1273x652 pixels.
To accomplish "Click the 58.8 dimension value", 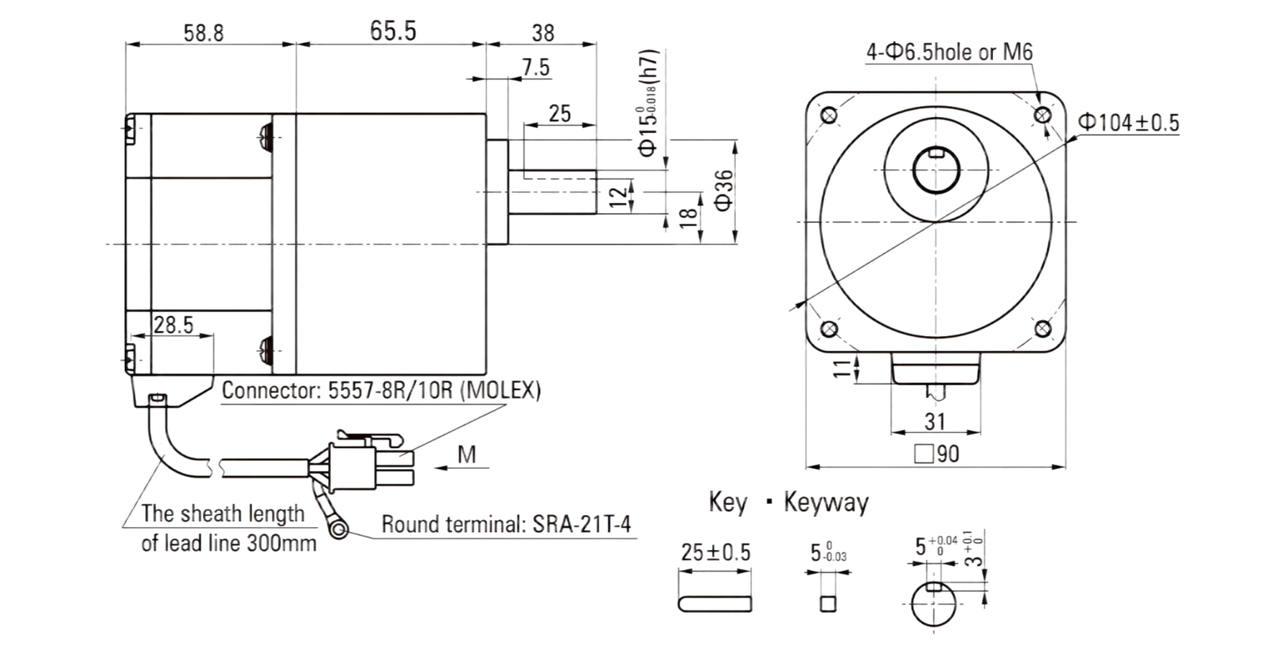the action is pos(204,33).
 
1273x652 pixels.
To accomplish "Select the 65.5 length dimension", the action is pos(393,31).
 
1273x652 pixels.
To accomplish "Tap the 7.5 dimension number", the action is pos(536,68).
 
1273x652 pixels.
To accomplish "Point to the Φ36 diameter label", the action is pos(723,190).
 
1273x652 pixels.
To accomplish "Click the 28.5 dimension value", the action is pos(173,325).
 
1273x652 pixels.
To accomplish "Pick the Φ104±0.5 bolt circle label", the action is pos(1129,123).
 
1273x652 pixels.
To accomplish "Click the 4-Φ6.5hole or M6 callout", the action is pos(949,53).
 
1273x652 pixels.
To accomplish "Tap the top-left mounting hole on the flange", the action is pos(829,116).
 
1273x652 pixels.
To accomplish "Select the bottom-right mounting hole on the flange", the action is pos(1043,329).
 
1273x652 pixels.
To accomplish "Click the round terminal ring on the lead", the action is pos(339,530).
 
